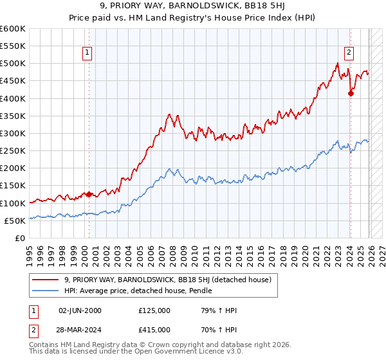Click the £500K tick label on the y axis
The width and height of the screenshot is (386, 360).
click(x=13, y=64)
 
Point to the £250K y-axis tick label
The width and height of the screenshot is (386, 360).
click(x=13, y=150)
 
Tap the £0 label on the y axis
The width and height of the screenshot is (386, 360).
click(x=19, y=238)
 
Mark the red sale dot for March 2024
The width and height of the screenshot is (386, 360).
click(x=351, y=93)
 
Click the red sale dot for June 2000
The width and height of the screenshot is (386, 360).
click(x=89, y=194)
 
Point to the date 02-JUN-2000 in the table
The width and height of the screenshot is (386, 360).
click(x=79, y=310)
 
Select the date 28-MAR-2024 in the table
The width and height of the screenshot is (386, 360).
click(x=79, y=328)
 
